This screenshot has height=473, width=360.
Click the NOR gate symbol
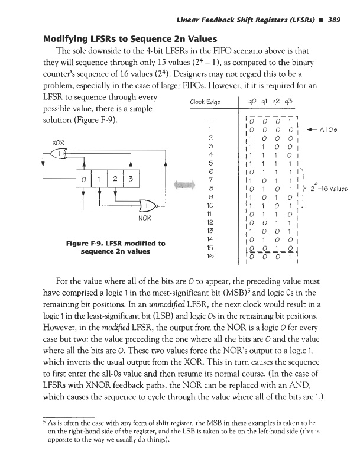146,205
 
